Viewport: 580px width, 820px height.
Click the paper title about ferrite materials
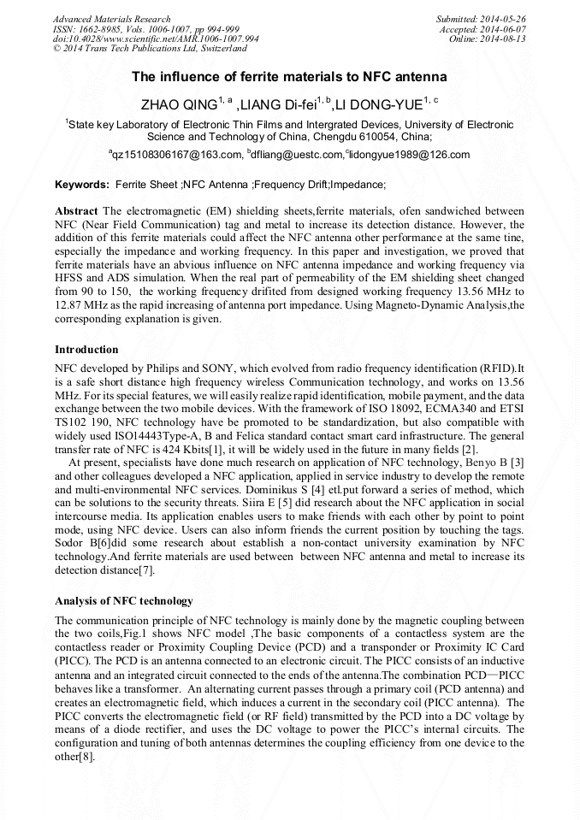tap(289, 77)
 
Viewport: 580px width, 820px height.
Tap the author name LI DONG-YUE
tap(381, 105)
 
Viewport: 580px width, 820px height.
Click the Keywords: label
tap(82, 185)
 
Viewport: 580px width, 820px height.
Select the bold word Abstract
tap(76, 210)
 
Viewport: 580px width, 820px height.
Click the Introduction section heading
tap(86, 350)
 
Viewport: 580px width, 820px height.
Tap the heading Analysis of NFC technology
tap(123, 601)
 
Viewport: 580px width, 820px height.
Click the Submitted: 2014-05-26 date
tap(480, 19)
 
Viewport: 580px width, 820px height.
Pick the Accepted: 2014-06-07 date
tap(482, 29)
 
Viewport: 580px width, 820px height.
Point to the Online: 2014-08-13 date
tap(487, 39)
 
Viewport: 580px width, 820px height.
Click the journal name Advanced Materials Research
tap(112, 19)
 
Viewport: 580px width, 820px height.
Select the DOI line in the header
tap(157, 39)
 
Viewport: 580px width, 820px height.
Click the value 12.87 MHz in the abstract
tap(83, 306)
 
